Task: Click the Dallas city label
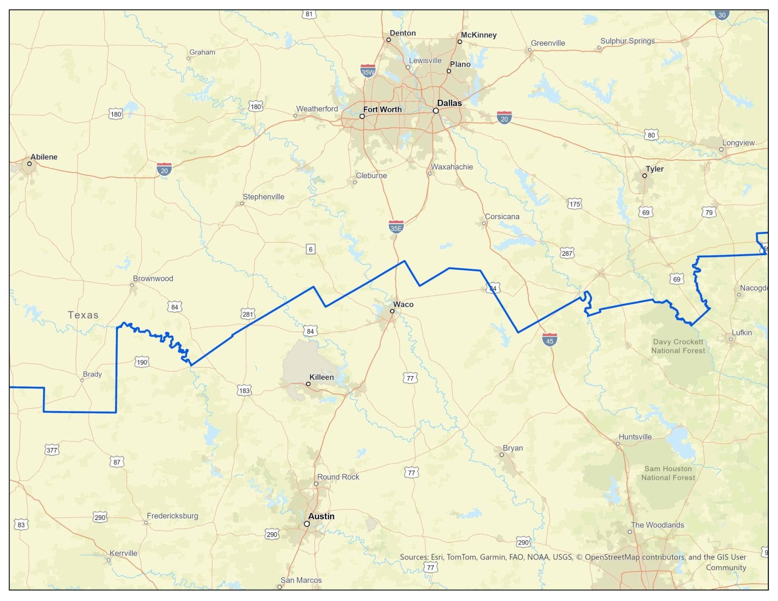[x=449, y=103]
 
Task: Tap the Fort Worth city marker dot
[x=362, y=116]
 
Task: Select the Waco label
[x=403, y=304]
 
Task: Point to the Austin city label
[x=321, y=516]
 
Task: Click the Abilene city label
[x=44, y=157]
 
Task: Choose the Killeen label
[x=322, y=377]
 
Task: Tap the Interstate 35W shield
[x=368, y=71]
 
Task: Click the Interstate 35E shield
[x=396, y=227]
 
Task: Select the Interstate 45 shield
[x=550, y=340]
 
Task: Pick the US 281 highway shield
[x=248, y=314]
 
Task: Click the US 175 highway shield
[x=574, y=204]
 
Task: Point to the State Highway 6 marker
[x=310, y=249]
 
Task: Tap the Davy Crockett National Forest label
[x=678, y=346]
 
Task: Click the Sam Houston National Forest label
[x=668, y=473]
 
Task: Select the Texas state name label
[x=83, y=315]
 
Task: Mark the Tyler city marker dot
[x=644, y=176]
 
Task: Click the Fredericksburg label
[x=172, y=516]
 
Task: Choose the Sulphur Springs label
[x=627, y=41]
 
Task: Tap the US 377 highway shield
[x=52, y=450]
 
